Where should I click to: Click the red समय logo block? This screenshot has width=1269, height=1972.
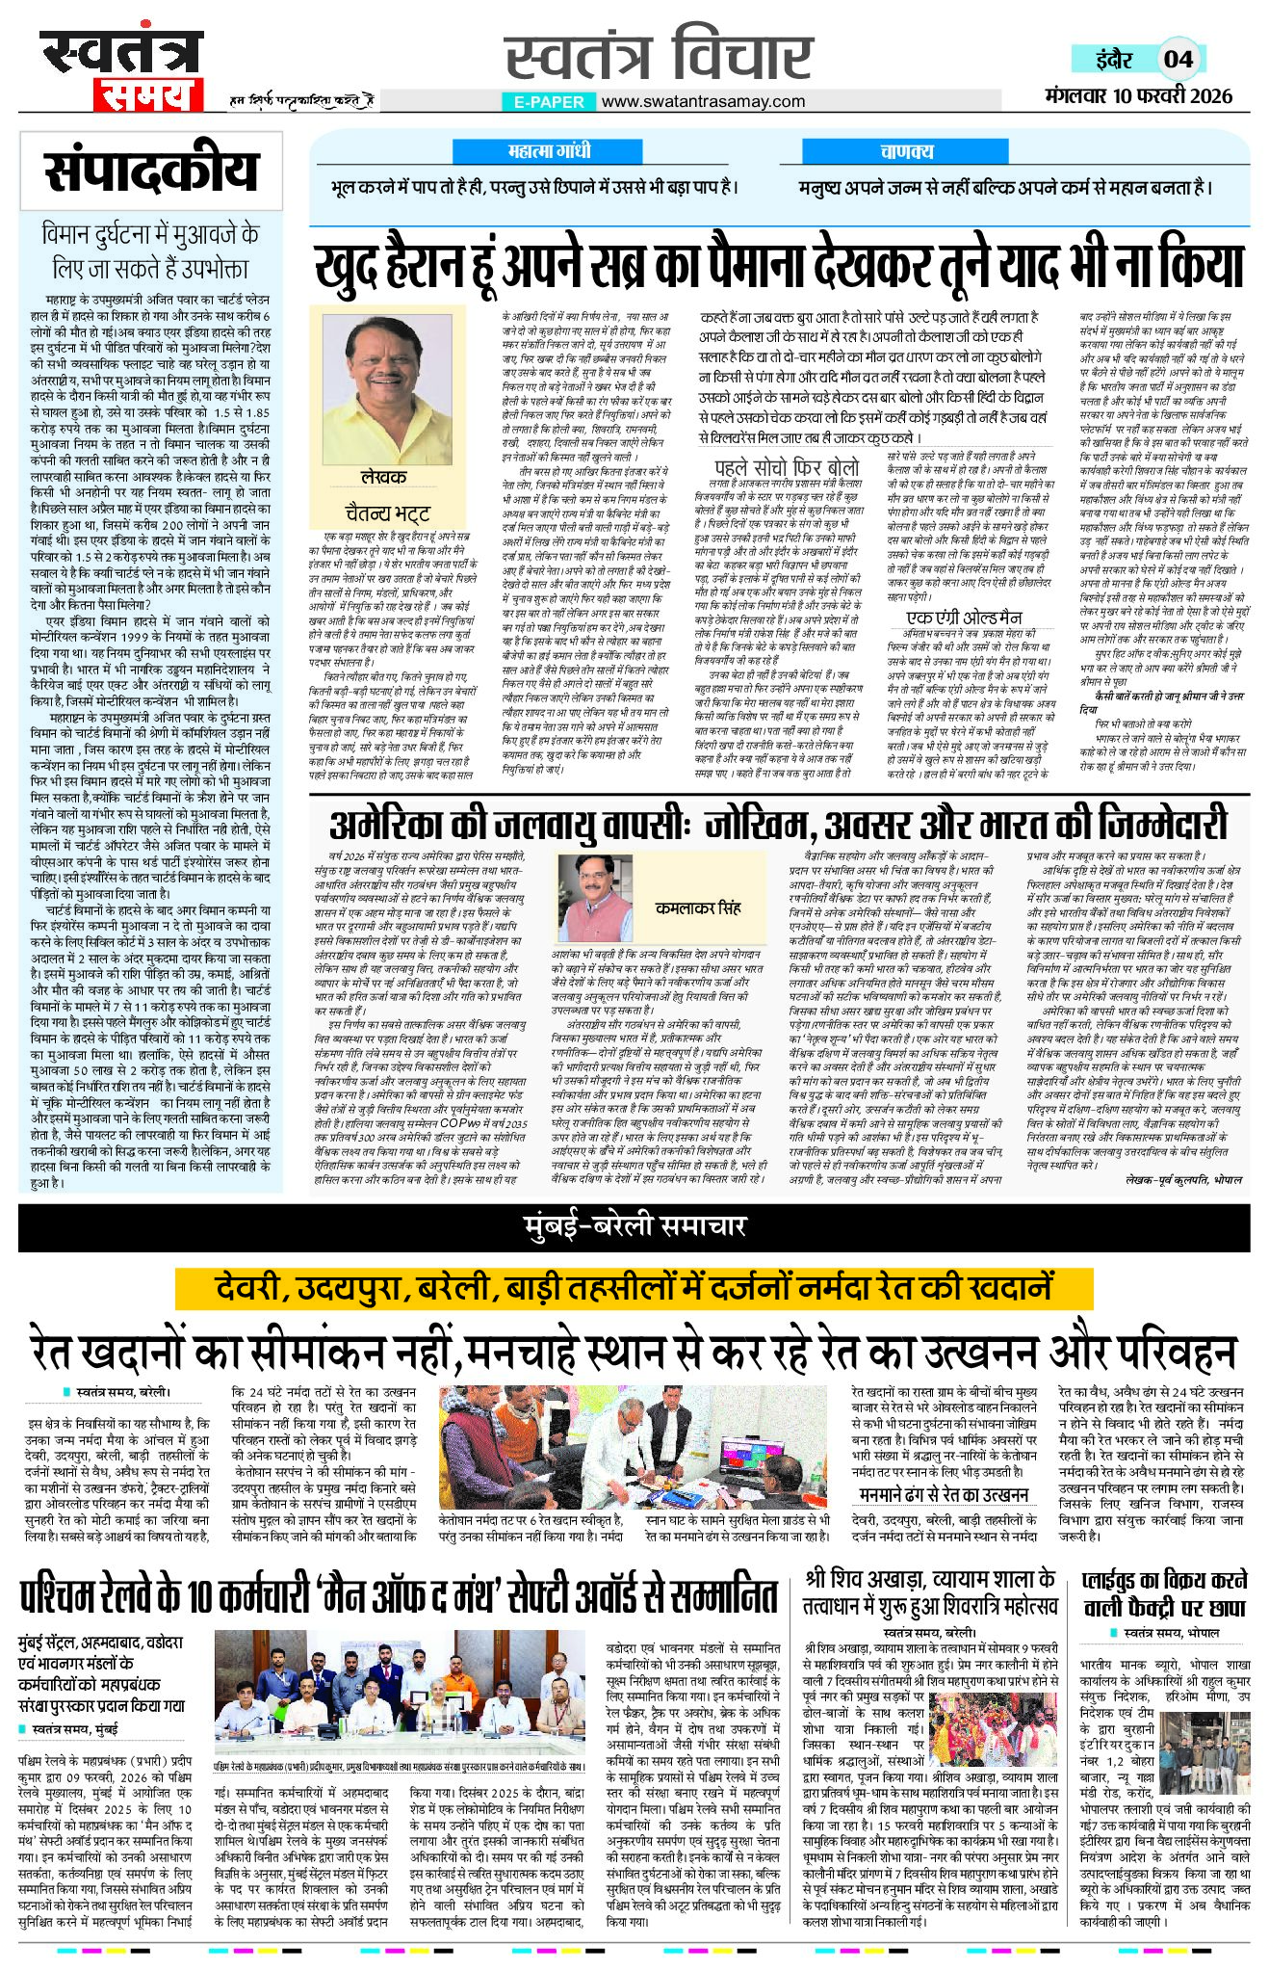coord(147,94)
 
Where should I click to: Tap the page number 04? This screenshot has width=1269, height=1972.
coord(1178,59)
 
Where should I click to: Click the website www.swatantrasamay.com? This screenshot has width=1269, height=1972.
coord(703,101)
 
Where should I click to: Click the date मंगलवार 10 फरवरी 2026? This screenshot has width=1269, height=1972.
coord(1138,95)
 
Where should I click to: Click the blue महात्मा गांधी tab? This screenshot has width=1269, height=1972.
coord(548,151)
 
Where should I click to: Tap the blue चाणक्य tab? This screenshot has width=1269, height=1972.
coord(906,151)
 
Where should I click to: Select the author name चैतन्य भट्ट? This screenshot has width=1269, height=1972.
coord(387,512)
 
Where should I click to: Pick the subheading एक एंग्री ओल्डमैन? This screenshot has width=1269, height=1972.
coord(965,617)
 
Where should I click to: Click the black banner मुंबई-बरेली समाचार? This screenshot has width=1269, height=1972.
coord(634,1226)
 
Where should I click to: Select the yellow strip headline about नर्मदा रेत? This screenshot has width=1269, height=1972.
coord(634,1287)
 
